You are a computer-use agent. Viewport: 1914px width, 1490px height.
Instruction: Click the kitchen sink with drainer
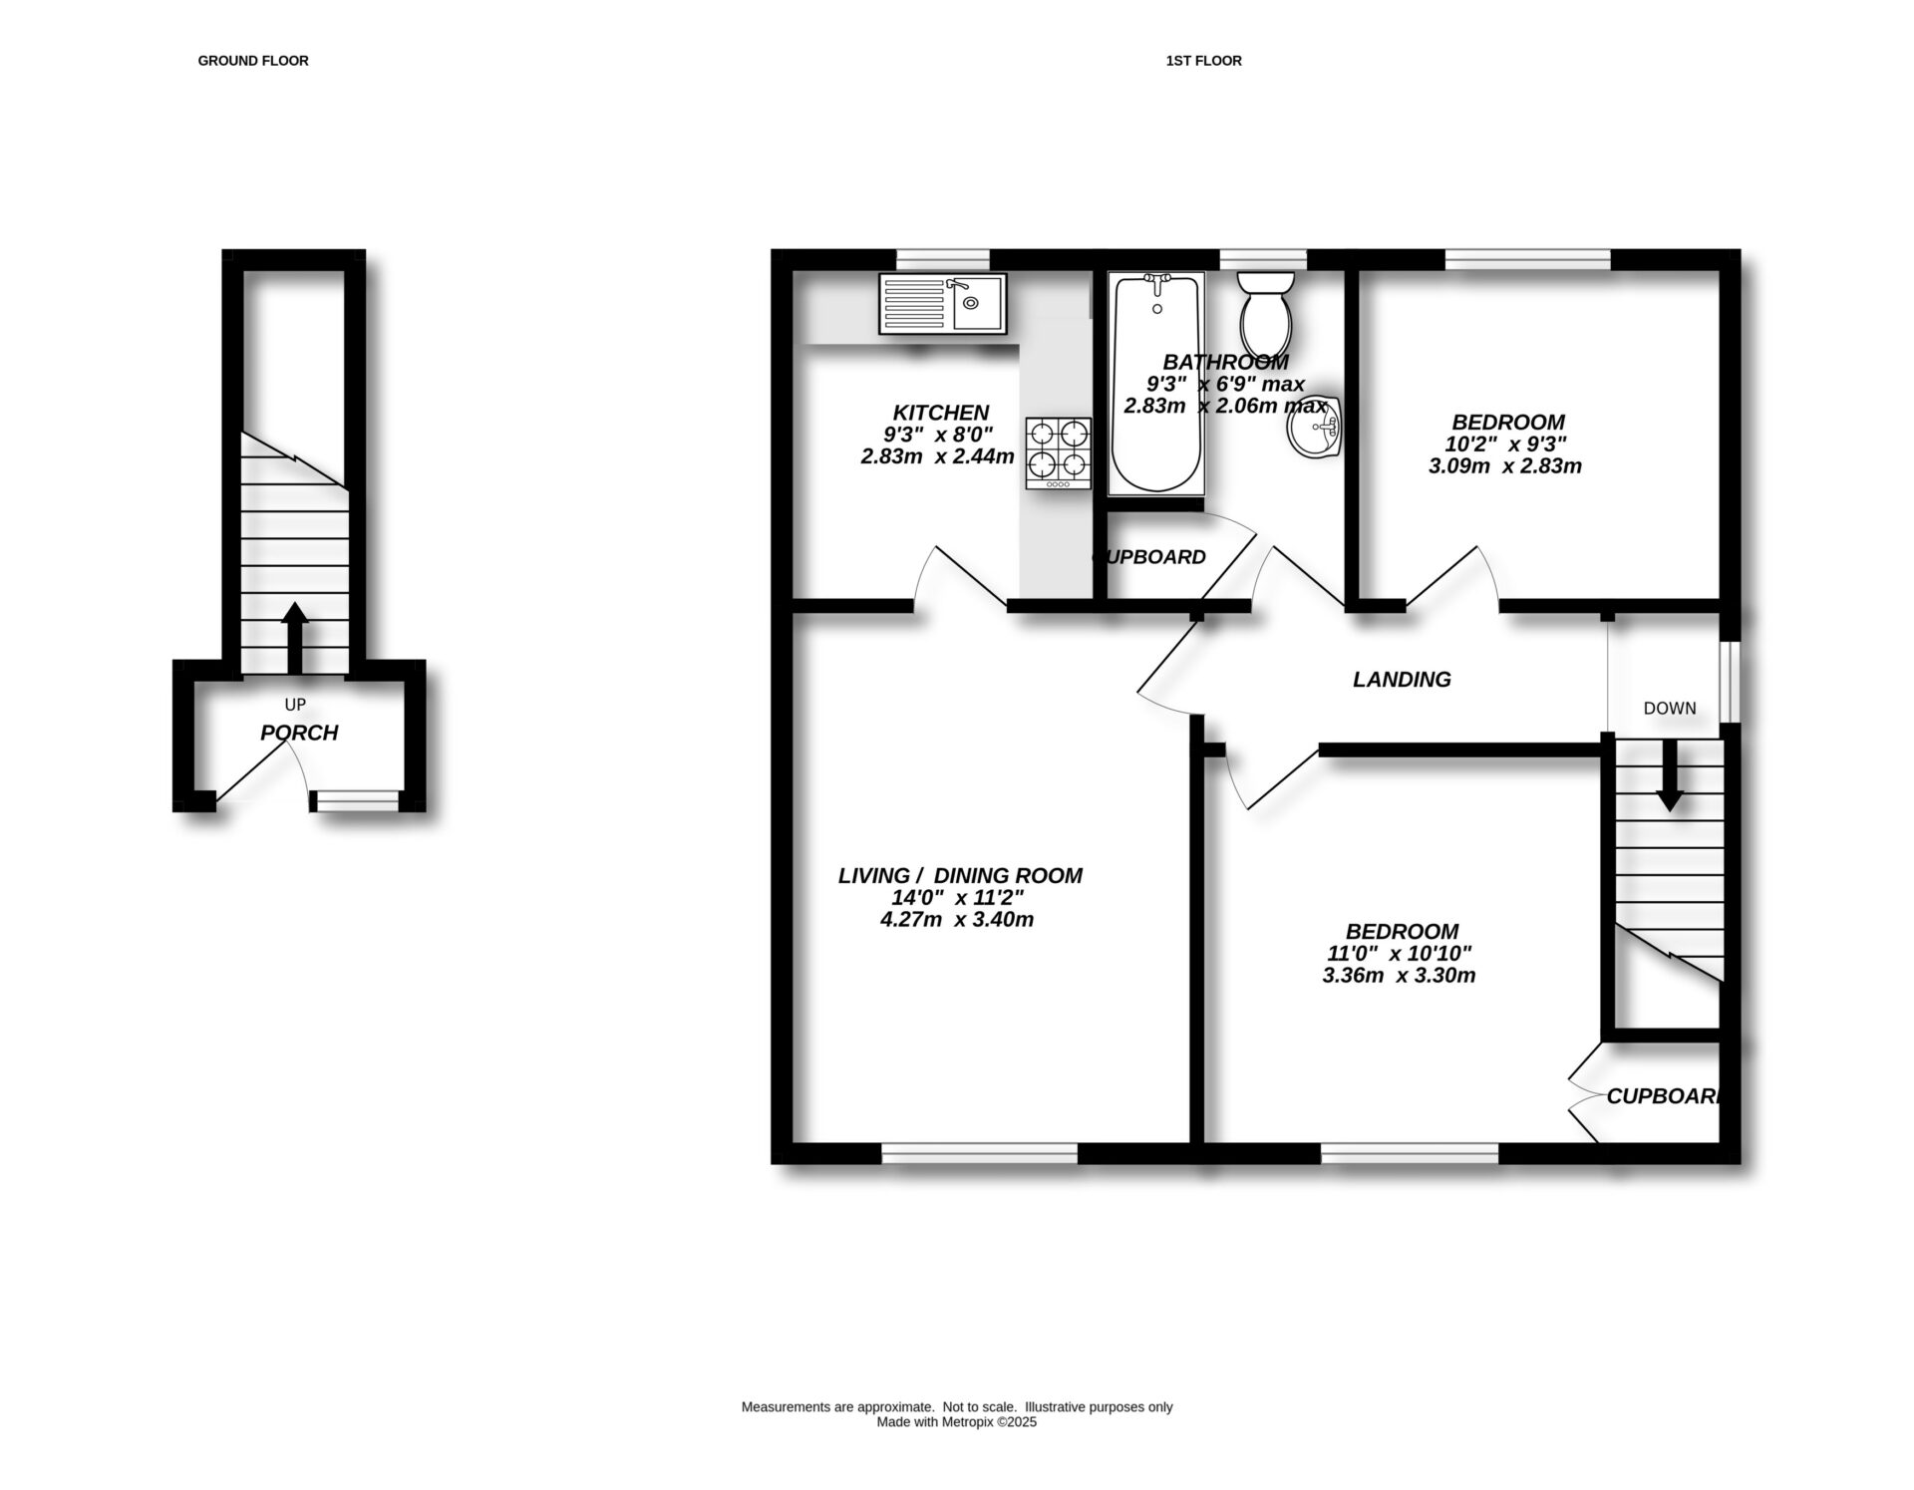point(942,303)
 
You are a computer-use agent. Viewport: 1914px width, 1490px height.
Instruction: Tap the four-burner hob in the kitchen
point(1058,453)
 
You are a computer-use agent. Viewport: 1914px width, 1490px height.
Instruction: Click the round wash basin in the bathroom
point(1315,429)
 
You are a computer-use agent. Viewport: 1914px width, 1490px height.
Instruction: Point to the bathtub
point(1156,384)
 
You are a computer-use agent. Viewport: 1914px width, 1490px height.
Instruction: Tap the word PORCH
point(299,733)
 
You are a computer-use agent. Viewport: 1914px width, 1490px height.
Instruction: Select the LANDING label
point(1401,680)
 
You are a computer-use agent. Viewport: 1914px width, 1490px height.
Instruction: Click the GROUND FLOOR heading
point(253,61)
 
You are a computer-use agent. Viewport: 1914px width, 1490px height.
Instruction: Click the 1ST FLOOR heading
point(1203,61)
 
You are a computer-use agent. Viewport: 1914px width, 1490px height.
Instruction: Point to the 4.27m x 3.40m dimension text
point(956,920)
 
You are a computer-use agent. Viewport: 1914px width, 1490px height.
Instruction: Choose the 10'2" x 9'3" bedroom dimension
point(1505,445)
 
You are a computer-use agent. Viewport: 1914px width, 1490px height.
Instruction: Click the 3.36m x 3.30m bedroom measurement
point(1399,976)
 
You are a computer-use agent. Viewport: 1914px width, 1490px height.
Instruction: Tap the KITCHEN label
point(940,413)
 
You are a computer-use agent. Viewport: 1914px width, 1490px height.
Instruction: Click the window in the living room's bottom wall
point(979,1153)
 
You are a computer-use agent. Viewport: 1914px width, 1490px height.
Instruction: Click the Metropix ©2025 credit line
point(956,1422)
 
